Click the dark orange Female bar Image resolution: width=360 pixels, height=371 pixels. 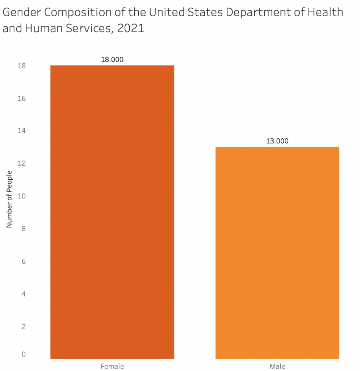coord(112,212)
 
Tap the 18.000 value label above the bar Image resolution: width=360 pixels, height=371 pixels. coord(112,60)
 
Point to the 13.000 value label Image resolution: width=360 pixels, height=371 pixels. coord(277,141)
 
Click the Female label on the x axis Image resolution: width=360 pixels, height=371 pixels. coord(112,366)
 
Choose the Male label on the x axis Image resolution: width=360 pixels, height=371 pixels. coord(277,366)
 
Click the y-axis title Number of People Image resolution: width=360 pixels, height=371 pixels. coord(9,199)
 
